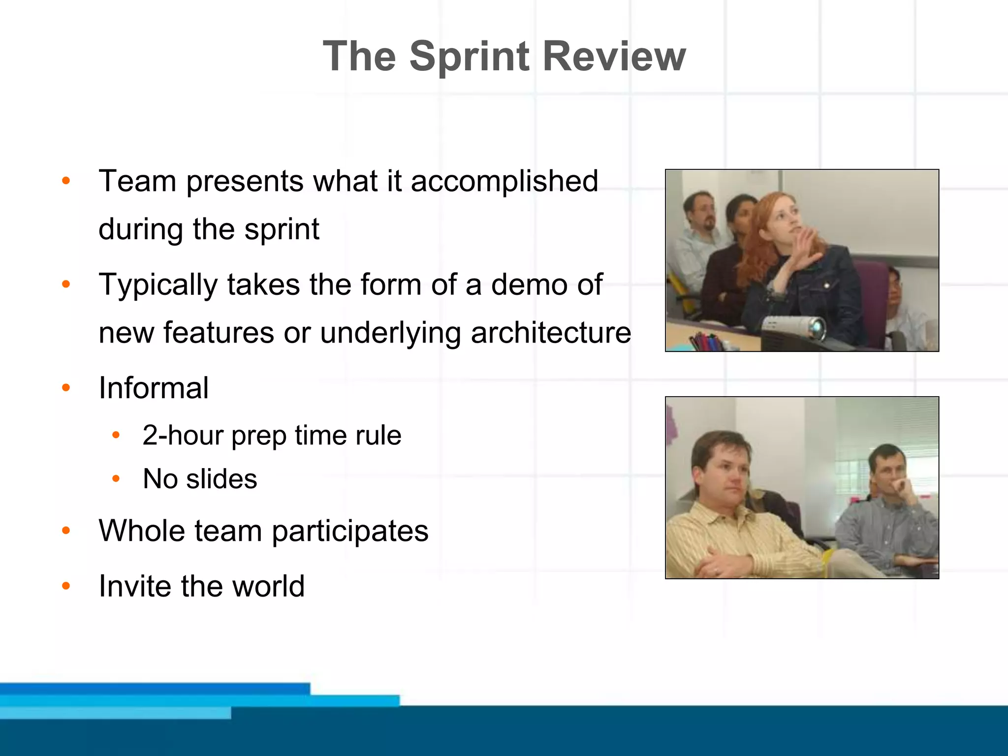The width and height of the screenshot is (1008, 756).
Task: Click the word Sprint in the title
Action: click(470, 57)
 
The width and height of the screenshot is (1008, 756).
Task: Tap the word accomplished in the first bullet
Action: click(504, 181)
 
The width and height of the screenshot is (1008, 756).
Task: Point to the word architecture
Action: click(551, 333)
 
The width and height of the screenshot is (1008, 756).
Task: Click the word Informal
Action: click(154, 388)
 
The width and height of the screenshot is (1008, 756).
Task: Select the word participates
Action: click(350, 531)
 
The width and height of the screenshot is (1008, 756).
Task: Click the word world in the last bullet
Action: click(268, 586)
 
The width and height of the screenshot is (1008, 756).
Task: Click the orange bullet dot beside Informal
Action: click(66, 388)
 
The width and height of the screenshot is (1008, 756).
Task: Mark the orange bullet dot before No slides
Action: click(116, 478)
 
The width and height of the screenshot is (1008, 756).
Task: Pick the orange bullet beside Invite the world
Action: click(66, 586)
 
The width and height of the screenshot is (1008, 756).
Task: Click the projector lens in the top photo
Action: click(817, 327)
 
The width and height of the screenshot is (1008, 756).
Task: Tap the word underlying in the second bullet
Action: click(391, 334)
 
